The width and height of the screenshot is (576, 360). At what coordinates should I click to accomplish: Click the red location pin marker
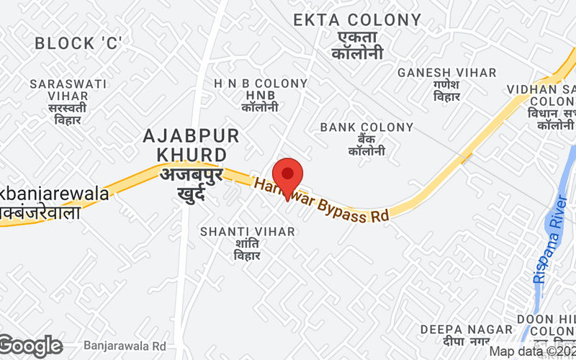tap(288, 177)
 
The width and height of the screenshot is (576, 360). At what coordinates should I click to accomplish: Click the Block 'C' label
tap(78, 43)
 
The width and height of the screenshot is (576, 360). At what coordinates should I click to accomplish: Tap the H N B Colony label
tap(261, 84)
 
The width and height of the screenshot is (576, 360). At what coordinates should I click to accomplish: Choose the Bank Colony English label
tap(366, 127)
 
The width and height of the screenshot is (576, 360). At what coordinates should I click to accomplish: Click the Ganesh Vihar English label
tap(447, 73)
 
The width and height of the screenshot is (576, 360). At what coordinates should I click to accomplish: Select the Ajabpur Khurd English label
tap(191, 145)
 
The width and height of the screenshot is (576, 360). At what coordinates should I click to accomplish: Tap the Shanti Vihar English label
tap(247, 231)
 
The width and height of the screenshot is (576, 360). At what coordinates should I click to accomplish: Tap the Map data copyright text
tap(531, 351)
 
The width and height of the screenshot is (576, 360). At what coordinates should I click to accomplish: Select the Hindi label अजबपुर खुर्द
tap(191, 183)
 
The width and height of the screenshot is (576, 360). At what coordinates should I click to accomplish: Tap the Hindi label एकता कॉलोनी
tap(356, 45)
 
